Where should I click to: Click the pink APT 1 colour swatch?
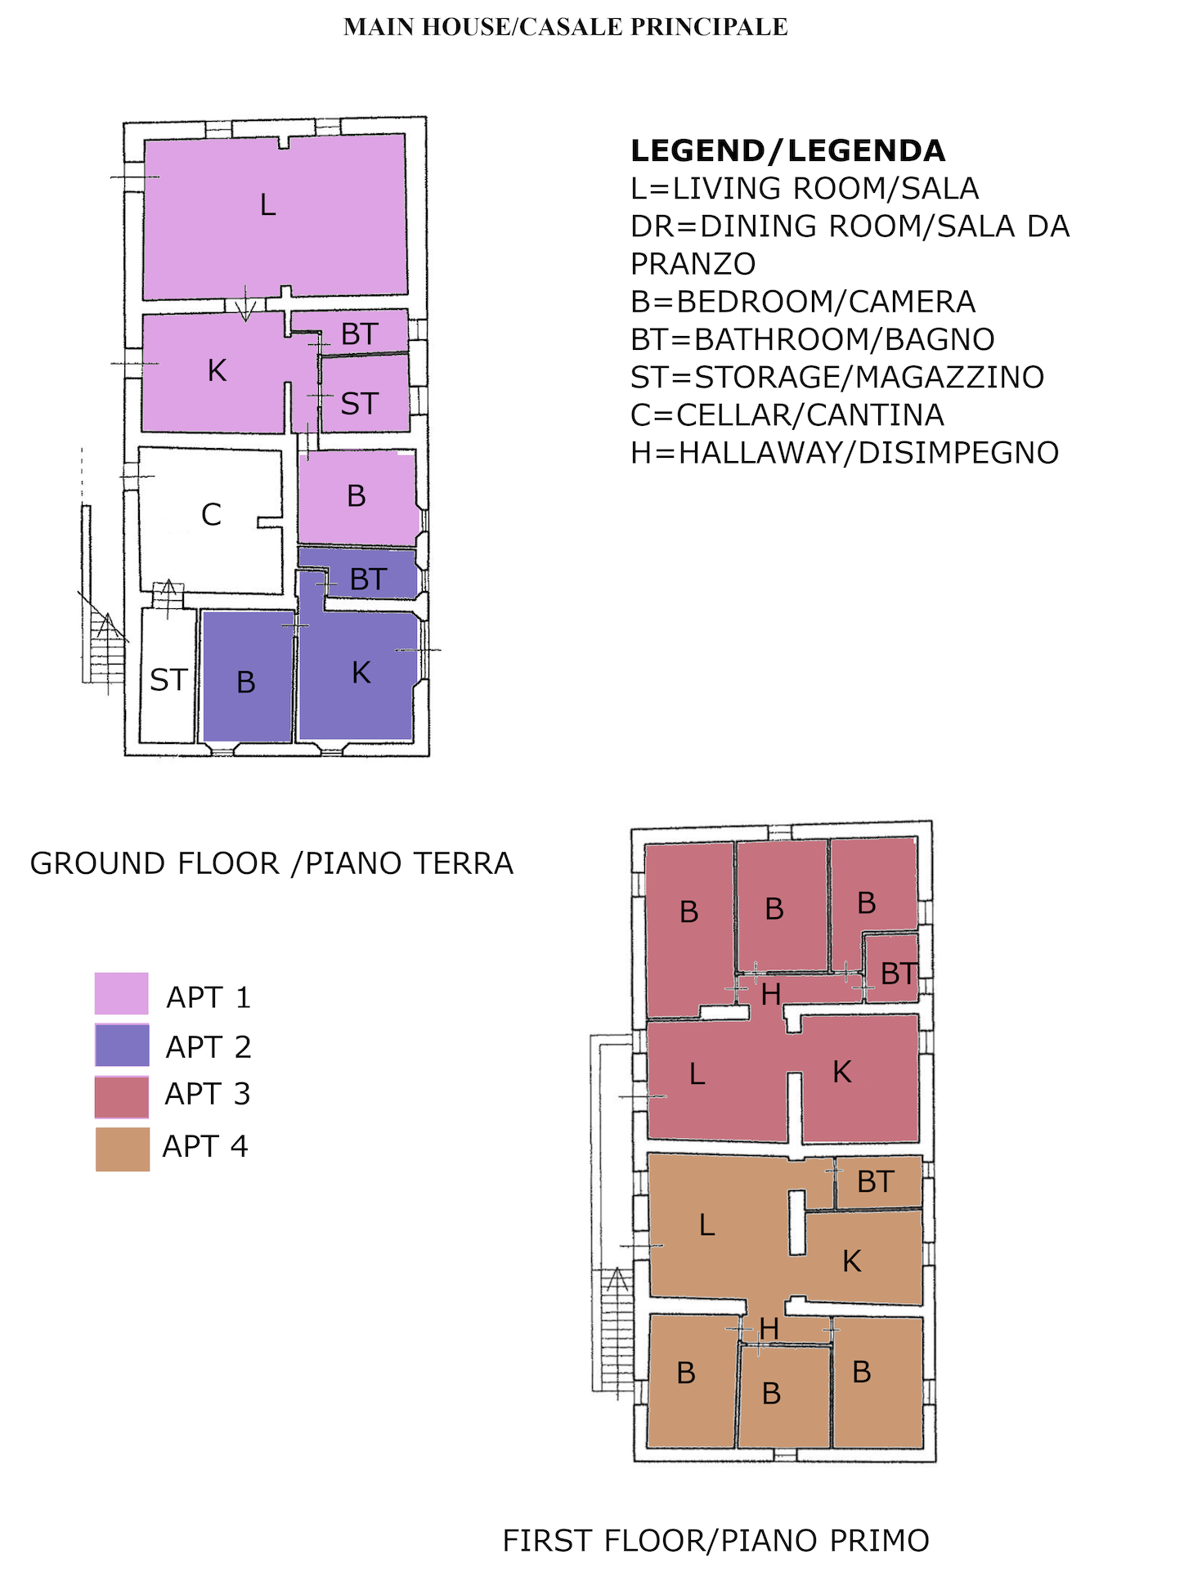click(122, 993)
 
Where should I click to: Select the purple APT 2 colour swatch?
click(122, 1045)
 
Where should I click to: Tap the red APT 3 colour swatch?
click(122, 1097)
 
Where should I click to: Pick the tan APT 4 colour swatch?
click(123, 1149)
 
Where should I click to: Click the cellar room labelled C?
click(210, 519)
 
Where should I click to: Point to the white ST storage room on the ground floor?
click(168, 675)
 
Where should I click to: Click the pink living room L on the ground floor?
click(275, 217)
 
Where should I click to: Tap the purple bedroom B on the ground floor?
click(248, 676)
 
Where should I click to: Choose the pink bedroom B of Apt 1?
click(357, 497)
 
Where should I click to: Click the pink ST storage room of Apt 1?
click(365, 394)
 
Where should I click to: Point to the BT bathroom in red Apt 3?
click(892, 968)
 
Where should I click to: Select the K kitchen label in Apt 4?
click(852, 1261)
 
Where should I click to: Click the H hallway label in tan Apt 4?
click(769, 1328)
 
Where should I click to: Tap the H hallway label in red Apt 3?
click(771, 994)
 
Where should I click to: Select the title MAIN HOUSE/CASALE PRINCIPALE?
click(566, 27)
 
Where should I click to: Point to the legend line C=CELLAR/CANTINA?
click(787, 415)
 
